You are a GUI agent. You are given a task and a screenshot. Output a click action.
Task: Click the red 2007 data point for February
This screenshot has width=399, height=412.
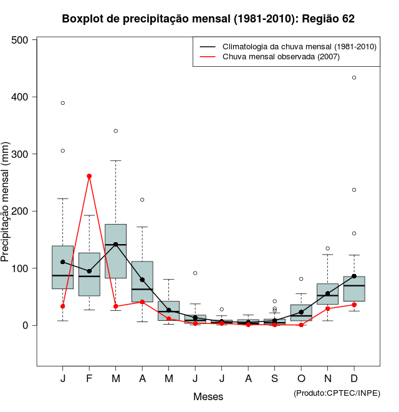click(89, 176)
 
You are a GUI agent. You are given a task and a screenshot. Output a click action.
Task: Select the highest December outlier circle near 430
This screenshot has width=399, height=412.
click(354, 77)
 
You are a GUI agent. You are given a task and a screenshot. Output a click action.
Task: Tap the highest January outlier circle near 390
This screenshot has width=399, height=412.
click(63, 103)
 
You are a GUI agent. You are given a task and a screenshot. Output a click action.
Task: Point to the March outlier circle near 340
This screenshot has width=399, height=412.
click(116, 131)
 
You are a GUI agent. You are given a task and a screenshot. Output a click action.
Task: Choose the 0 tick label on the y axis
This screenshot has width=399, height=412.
click(26, 325)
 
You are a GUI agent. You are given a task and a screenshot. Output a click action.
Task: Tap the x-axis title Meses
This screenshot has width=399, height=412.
click(208, 396)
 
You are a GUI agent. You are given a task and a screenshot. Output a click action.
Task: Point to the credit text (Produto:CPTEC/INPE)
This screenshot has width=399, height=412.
click(337, 393)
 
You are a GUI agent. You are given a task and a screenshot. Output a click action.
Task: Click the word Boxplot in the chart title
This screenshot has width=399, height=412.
click(83, 19)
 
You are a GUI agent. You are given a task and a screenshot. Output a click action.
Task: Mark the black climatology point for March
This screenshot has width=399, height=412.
click(116, 244)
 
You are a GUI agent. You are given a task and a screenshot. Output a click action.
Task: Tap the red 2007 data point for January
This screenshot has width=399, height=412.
click(63, 306)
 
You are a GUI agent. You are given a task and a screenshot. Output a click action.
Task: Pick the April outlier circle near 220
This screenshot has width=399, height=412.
click(142, 200)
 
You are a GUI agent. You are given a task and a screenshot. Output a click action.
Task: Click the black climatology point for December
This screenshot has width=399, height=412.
click(354, 276)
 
